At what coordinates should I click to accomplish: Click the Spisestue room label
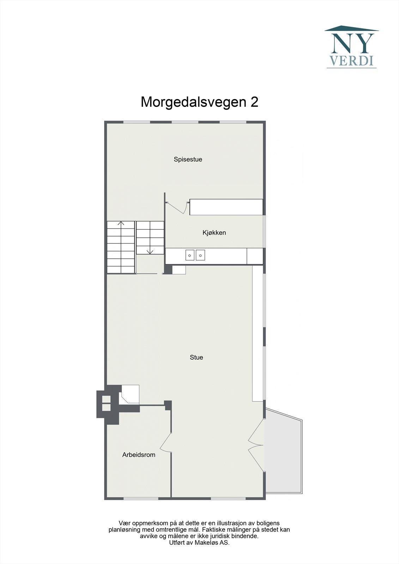188,159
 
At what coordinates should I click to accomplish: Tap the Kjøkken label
214,233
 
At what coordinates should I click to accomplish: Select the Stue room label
196,357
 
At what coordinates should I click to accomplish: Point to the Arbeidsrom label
139,455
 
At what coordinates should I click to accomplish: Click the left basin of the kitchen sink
190,255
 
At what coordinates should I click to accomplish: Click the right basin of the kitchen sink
200,255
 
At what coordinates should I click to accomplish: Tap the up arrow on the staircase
121,223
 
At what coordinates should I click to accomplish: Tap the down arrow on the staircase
150,251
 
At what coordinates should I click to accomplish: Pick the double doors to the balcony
257,445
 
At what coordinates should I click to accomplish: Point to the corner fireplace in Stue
129,394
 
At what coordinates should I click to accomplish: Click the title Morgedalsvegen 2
199,102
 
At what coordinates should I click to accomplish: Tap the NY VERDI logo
352,47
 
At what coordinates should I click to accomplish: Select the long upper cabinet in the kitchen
226,207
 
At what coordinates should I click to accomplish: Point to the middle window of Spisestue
185,122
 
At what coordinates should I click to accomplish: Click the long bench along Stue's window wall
258,333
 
